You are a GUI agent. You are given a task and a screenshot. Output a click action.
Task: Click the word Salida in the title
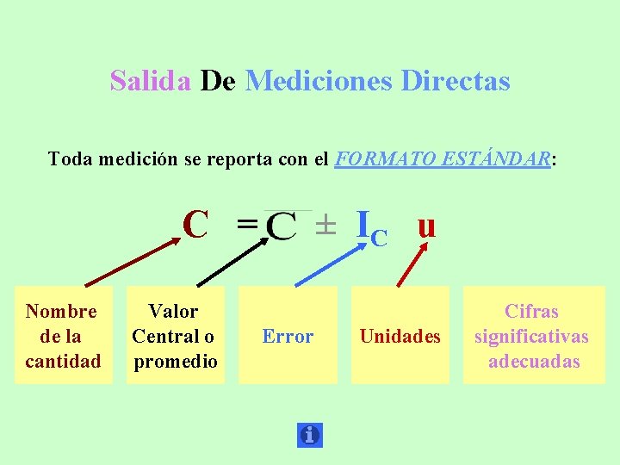click(151, 82)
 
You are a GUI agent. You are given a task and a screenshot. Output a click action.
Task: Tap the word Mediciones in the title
click(319, 82)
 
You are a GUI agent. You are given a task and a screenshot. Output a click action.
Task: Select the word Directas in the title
click(456, 82)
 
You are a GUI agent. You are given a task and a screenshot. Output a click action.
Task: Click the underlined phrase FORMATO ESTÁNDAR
click(442, 159)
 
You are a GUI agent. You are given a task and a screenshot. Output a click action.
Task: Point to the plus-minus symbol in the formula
click(324, 226)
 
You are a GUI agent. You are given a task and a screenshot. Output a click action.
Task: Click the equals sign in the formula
click(247, 226)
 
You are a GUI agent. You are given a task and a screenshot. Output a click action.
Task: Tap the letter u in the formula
click(425, 226)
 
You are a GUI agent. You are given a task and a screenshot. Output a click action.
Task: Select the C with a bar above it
click(282, 226)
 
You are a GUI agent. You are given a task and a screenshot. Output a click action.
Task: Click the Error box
click(288, 336)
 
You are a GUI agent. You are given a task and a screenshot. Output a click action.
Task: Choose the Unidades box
click(400, 336)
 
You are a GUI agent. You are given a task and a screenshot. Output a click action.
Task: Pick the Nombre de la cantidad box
click(63, 336)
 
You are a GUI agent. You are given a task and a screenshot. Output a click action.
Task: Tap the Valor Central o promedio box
click(174, 336)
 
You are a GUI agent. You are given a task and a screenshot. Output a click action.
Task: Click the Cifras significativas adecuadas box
click(531, 336)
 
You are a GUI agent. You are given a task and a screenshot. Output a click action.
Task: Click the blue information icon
click(309, 435)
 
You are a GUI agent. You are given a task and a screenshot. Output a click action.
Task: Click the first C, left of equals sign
click(195, 226)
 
